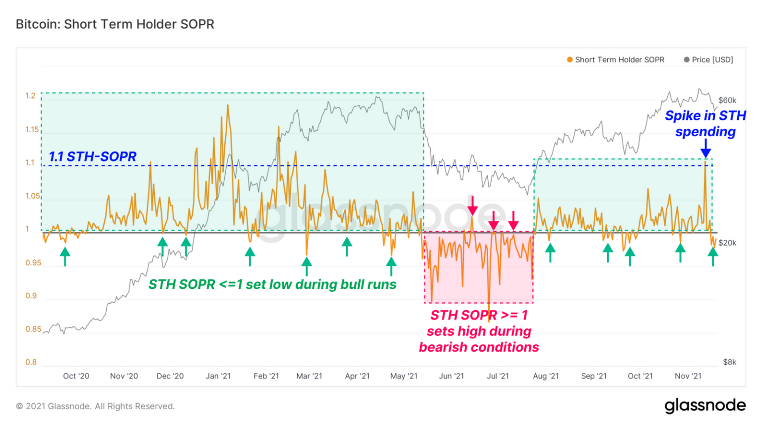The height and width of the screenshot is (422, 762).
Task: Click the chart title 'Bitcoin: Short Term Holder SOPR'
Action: [x=115, y=24]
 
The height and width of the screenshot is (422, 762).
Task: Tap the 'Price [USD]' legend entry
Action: [x=708, y=60]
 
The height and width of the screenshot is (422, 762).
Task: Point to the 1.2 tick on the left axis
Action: [x=31, y=96]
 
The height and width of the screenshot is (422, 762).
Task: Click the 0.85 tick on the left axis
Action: [x=33, y=329]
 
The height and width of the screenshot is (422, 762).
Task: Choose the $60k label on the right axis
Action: [x=727, y=101]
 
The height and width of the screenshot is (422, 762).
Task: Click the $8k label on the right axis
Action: [x=729, y=362]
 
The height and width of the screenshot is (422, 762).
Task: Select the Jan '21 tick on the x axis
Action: [x=218, y=376]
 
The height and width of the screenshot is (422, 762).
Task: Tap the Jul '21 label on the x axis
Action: [x=498, y=376]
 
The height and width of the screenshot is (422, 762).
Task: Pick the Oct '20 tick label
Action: [x=76, y=376]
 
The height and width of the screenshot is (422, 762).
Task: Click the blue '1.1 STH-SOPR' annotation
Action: [x=92, y=157]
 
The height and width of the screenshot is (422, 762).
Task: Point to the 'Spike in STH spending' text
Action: [x=705, y=123]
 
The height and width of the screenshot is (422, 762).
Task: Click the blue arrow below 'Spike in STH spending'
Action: [x=705, y=149]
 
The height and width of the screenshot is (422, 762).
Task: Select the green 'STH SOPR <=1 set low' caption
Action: [x=272, y=285]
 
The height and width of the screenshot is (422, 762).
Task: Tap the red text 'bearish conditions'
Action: [x=479, y=347]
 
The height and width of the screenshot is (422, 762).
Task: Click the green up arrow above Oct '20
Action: [x=65, y=257]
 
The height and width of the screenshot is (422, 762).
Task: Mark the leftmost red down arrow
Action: [x=472, y=205]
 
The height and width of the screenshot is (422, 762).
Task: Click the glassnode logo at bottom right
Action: [x=705, y=406]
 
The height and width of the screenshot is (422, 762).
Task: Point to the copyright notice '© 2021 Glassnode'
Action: [x=95, y=406]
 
